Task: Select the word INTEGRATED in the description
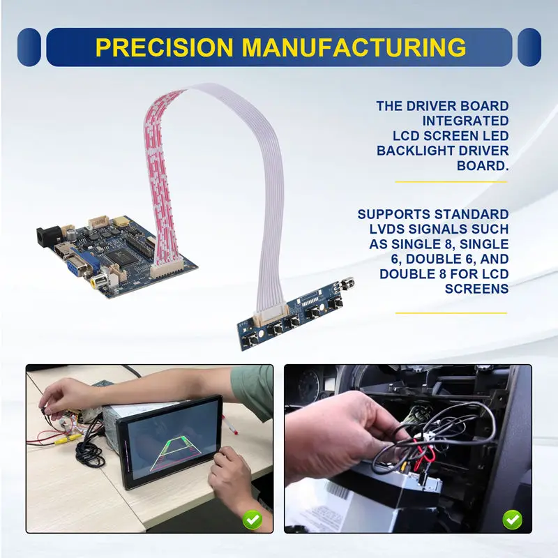(475, 121)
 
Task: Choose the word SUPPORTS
(391, 214)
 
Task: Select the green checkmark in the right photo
(513, 518)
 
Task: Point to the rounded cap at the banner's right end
(530, 47)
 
